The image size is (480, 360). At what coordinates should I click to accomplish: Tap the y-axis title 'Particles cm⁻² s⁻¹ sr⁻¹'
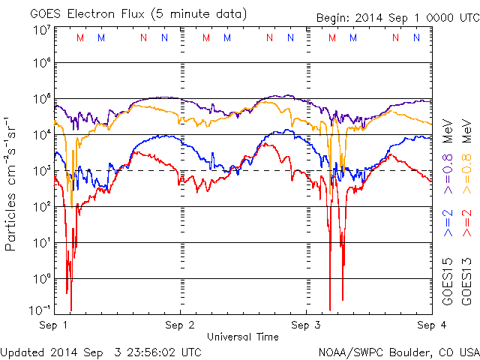[13, 184]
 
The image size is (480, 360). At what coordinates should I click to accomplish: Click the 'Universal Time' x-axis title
[242, 337]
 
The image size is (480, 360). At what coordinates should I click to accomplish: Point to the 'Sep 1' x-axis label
[54, 325]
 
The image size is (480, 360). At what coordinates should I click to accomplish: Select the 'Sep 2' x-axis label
[180, 325]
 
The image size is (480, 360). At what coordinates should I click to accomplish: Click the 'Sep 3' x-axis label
[306, 325]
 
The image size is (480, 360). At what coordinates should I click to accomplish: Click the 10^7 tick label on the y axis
[41, 30]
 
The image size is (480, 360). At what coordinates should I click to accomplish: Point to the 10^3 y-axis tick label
[41, 170]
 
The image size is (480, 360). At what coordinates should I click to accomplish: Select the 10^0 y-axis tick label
[41, 278]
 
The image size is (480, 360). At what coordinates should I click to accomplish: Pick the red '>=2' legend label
[465, 223]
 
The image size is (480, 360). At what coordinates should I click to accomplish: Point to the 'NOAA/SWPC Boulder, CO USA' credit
[398, 352]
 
